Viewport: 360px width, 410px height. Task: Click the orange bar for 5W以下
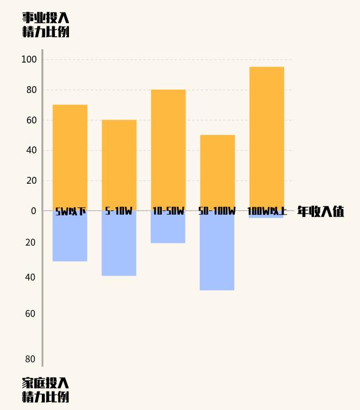click(70, 155)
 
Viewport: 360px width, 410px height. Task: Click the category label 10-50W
click(168, 211)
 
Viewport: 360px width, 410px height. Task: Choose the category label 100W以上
click(266, 211)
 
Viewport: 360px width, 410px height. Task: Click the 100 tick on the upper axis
click(29, 60)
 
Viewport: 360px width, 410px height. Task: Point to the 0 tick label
click(33, 211)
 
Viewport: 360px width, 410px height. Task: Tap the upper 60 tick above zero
click(31, 121)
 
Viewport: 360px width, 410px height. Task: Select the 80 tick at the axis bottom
click(30, 359)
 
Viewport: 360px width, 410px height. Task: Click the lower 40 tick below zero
click(30, 277)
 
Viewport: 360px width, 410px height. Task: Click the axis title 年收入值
click(320, 211)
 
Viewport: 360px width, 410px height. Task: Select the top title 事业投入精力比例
click(46, 25)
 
